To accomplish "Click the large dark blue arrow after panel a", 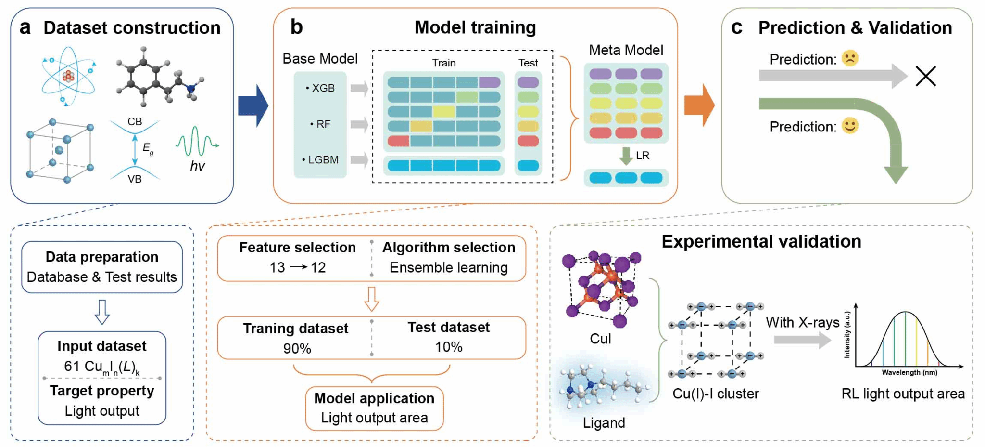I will click(253, 105).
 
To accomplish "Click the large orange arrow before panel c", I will click(699, 105).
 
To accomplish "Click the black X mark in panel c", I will click(925, 76).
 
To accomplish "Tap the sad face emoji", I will click(850, 58).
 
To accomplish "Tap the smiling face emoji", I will click(850, 126).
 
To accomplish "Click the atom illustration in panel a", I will click(68, 76).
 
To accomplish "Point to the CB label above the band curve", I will click(135, 121).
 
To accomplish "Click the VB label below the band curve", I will click(135, 179).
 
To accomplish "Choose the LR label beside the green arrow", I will click(643, 156).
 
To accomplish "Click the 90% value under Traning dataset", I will click(297, 348).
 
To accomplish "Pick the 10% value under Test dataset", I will click(449, 347).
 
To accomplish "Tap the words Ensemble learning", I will click(449, 267).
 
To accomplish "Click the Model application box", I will click(374, 408).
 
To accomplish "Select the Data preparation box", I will click(102, 267).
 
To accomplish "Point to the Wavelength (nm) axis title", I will click(909, 372).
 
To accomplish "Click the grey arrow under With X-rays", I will click(802, 340).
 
